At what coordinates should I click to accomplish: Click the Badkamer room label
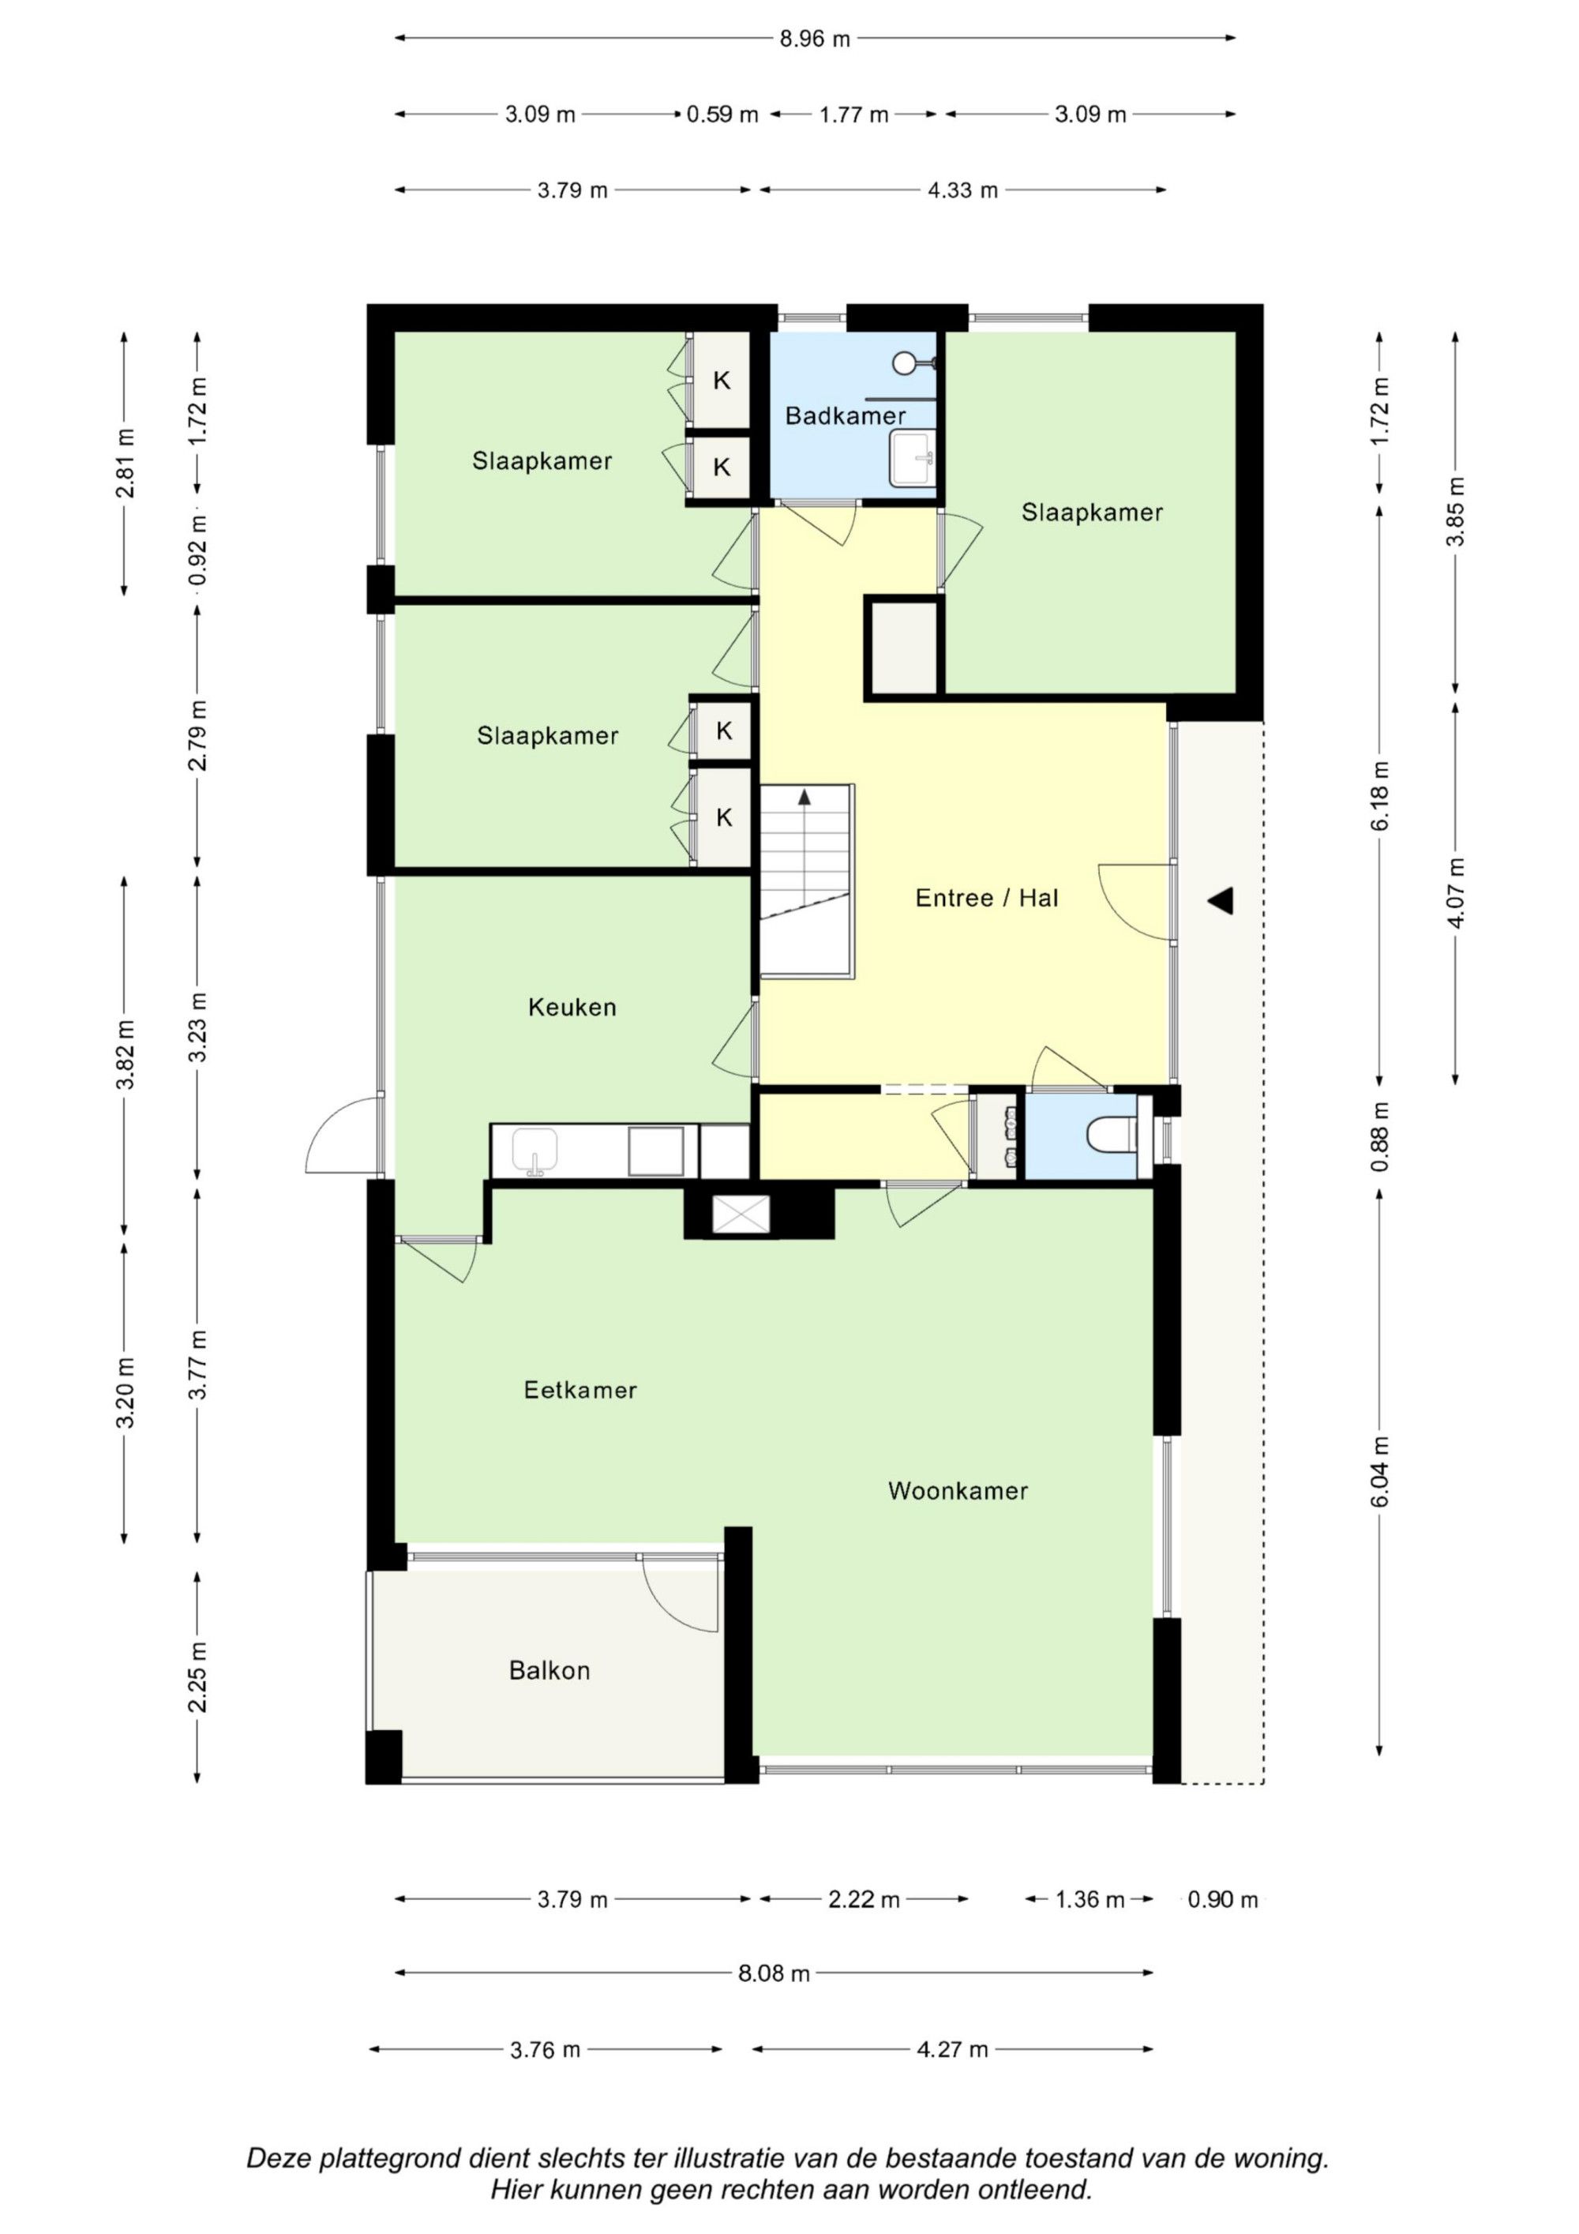845,416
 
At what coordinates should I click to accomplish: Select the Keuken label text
572,1007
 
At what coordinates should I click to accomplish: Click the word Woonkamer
958,1491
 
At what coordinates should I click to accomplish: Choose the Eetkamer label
579,1390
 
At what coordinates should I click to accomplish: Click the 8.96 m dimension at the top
814,39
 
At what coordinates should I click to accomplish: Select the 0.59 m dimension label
722,115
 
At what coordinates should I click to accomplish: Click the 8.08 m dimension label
774,1973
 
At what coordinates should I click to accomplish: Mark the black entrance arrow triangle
1221,901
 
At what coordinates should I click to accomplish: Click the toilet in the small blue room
1111,1133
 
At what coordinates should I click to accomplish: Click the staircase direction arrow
805,798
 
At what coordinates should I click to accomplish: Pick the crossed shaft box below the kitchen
741,1215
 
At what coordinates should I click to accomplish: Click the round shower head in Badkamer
904,363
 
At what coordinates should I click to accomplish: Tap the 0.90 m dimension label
1222,1899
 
